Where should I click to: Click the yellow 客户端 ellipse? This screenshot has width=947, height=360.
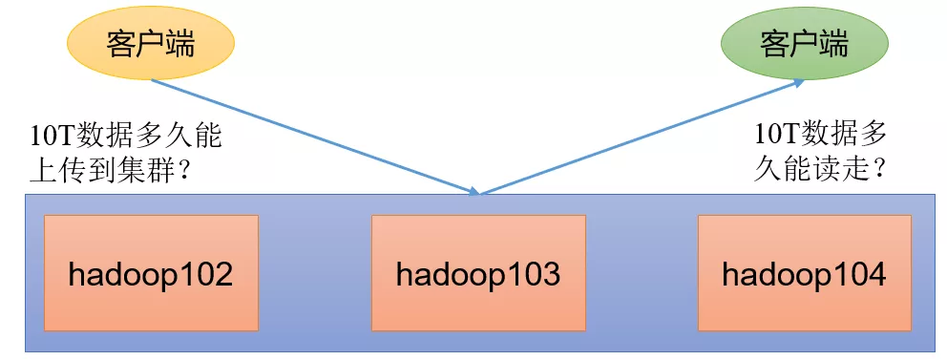[150, 44]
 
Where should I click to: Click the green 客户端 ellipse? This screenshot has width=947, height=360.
[804, 44]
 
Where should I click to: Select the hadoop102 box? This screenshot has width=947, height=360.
[151, 274]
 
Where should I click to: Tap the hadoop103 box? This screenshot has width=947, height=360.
[477, 274]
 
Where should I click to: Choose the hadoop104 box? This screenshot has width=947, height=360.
[804, 274]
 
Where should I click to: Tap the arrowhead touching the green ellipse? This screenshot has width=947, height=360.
[795, 84]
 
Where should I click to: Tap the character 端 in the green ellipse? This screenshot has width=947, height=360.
[833, 44]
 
